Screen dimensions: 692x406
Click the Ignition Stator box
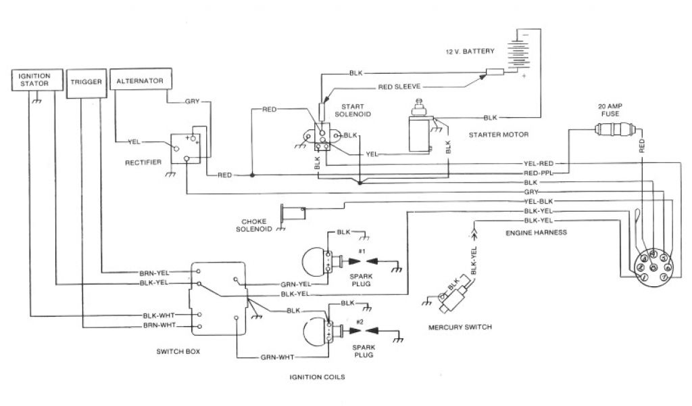[x=37, y=80]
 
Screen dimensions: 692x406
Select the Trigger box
[x=86, y=83]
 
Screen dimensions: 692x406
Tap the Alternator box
[x=141, y=79]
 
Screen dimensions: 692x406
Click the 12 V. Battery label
[x=470, y=51]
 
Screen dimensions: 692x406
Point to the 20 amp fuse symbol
[x=615, y=129]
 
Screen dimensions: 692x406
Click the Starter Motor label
[x=498, y=134]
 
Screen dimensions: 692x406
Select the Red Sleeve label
[x=399, y=87]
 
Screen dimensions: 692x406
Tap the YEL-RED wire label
[x=539, y=164]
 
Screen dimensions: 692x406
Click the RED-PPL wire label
[x=538, y=173]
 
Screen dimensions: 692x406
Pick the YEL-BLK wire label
[x=539, y=202]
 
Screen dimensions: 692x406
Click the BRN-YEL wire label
[x=154, y=273]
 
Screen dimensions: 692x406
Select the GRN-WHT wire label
[x=277, y=357]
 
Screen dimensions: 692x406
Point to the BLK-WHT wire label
[x=159, y=315]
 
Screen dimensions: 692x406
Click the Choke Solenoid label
[x=254, y=225]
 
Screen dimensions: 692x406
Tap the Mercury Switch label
[x=460, y=327]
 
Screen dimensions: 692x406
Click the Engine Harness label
[x=536, y=232]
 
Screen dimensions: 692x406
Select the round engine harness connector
[x=653, y=267]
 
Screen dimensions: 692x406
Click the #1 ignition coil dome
[x=314, y=261]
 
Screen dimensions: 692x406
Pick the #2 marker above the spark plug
[x=360, y=321]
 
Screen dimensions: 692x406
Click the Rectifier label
[x=143, y=162]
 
